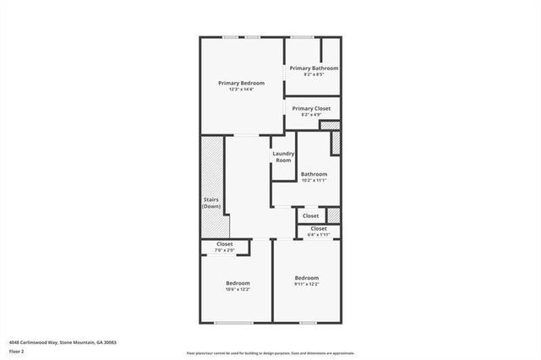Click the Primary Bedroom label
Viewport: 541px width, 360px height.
pyautogui.click(x=241, y=83)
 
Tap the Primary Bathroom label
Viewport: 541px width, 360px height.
pyautogui.click(x=314, y=68)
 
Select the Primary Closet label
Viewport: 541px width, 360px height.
pyautogui.click(x=311, y=108)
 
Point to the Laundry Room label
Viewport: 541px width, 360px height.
pyautogui.click(x=283, y=156)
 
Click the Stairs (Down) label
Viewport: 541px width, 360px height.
pyautogui.click(x=211, y=203)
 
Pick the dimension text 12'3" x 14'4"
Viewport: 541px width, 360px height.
pyautogui.click(x=241, y=90)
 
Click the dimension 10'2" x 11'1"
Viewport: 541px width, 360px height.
pyautogui.click(x=314, y=180)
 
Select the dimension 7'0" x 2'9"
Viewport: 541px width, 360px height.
pyautogui.click(x=225, y=250)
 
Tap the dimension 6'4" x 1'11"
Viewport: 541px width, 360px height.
pyautogui.click(x=319, y=235)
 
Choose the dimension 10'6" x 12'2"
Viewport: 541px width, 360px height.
pyautogui.click(x=238, y=289)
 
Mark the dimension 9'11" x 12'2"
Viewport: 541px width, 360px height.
pyautogui.click(x=306, y=285)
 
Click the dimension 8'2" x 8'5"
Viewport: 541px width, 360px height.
pyautogui.click(x=314, y=74)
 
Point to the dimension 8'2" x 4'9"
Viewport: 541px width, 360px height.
pyautogui.click(x=311, y=115)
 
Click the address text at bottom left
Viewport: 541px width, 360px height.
pyautogui.click(x=63, y=342)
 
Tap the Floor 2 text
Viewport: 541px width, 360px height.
pyautogui.click(x=17, y=350)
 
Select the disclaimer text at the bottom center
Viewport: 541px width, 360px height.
pyautogui.click(x=270, y=352)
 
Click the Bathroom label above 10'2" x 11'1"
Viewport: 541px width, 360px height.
pyautogui.click(x=314, y=173)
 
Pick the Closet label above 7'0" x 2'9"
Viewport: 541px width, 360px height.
pyautogui.click(x=225, y=243)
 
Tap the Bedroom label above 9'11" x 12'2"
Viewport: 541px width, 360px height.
pyautogui.click(x=306, y=278)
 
